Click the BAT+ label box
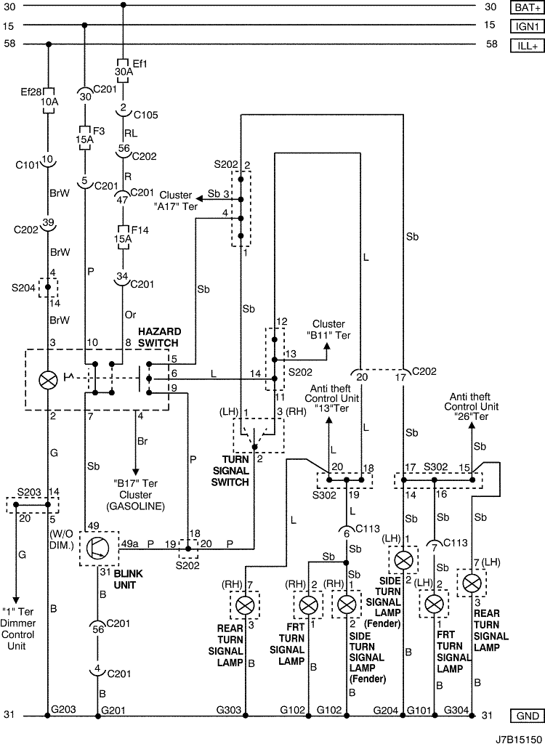tap(528, 7)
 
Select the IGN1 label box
tap(528, 26)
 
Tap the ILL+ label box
tap(528, 46)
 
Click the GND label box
tap(528, 716)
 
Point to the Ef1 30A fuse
tap(124, 71)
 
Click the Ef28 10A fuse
tap(48, 100)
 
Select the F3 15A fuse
tap(84, 139)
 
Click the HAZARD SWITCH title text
tap(159, 337)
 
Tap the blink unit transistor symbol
tap(98, 549)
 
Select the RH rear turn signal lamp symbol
tap(245, 605)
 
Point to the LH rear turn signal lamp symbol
tap(472, 583)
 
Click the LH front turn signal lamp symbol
tap(433, 604)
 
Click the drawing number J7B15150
tap(520, 739)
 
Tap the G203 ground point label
tap(63, 710)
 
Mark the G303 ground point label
tap(229, 711)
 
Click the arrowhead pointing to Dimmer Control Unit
tap(16, 599)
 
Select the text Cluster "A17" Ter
tap(176, 201)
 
